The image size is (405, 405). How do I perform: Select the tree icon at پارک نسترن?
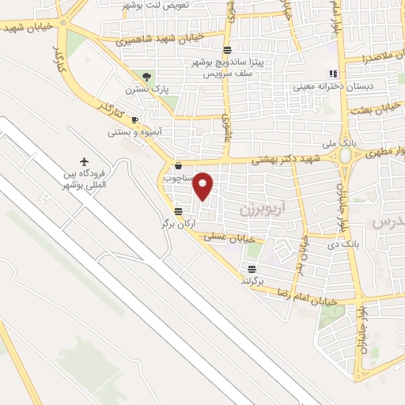146,76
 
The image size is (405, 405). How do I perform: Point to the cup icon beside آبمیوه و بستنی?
134,119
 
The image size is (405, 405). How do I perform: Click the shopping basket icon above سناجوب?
177,166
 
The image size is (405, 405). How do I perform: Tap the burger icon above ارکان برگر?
178,211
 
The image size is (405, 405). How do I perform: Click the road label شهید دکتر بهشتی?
285,159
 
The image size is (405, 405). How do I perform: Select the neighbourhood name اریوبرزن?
258,210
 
